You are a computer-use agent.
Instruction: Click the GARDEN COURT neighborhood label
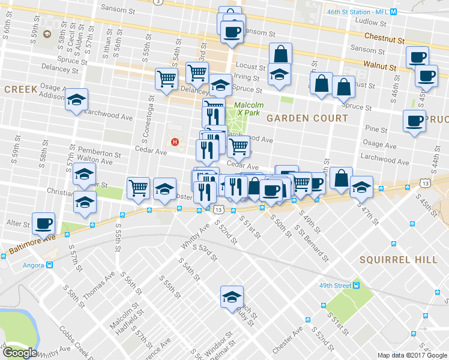point(307,118)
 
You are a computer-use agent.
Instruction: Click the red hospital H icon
point(175,142)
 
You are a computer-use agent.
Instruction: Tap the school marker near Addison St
point(76,100)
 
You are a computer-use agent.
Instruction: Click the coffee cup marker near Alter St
point(43,223)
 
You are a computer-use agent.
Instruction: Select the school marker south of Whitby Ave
point(232,296)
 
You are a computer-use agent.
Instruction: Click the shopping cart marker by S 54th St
point(166,79)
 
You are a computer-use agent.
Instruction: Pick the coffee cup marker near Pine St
point(414,121)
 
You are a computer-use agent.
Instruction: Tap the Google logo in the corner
point(20,352)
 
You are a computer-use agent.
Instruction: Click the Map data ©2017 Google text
point(413,356)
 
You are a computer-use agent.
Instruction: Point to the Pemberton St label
point(100,155)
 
